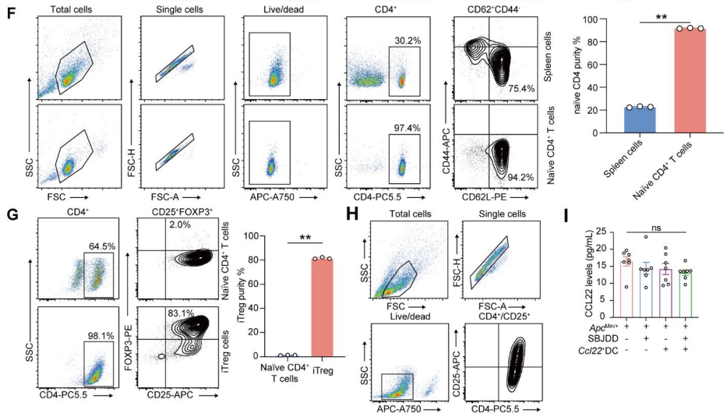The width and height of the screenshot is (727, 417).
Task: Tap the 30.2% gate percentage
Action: (x=404, y=40)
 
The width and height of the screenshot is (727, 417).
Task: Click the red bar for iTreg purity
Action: (x=323, y=306)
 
